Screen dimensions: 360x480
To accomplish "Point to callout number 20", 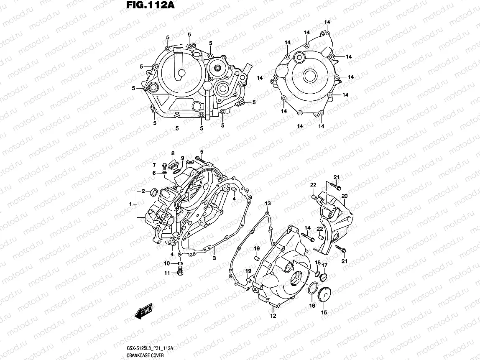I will [344, 196].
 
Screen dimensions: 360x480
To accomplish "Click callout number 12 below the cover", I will [273, 316].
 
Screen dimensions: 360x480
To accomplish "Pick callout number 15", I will [324, 312].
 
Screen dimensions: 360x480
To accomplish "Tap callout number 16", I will [311, 306].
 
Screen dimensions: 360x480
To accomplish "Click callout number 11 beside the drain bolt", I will [166, 273].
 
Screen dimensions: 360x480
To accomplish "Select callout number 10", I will [166, 263].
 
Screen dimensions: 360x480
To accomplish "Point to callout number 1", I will [130, 204].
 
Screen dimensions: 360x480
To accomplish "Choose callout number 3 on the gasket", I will [214, 259].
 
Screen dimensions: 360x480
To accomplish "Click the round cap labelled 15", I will [324, 294].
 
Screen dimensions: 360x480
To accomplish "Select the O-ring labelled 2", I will [154, 192].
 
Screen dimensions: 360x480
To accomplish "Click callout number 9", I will [182, 158].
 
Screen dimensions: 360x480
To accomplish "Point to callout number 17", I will [324, 265].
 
